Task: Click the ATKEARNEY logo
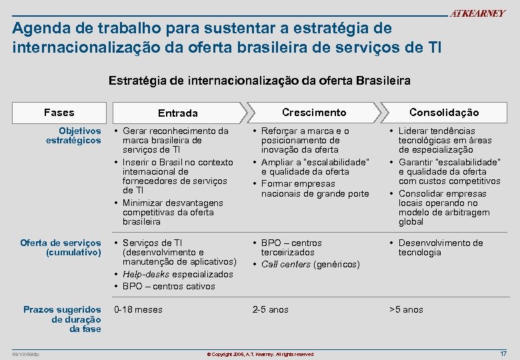point(478,14)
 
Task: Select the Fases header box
point(59,113)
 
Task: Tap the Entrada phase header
point(177,113)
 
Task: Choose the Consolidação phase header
point(443,113)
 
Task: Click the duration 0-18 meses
point(139,309)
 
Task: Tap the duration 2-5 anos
point(270,309)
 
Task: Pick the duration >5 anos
point(406,309)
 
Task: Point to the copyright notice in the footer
point(260,353)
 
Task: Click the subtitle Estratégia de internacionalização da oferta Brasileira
point(259,81)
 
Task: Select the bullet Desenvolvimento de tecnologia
point(440,248)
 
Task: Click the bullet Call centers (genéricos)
point(310,265)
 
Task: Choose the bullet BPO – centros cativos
point(169,286)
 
